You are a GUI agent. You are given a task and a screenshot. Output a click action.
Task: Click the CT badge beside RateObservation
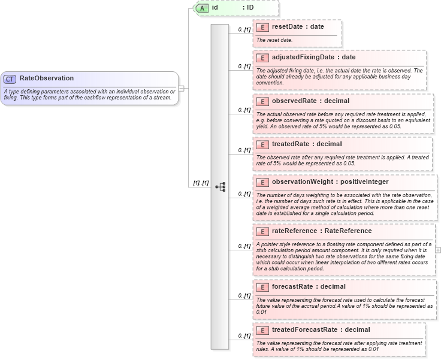10,78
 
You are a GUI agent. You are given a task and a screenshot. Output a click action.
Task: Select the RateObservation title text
47,78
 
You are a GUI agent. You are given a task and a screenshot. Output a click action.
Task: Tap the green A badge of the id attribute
203,8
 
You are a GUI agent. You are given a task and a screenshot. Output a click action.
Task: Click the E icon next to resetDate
261,27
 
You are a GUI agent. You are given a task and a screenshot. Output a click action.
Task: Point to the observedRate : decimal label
310,101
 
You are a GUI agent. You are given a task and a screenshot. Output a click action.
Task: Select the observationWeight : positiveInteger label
330,181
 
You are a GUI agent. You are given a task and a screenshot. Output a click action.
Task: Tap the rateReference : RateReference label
322,231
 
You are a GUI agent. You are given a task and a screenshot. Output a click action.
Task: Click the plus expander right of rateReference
438,249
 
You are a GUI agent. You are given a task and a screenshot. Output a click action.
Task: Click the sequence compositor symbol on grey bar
220,187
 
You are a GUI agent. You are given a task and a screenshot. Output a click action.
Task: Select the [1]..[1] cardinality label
200,183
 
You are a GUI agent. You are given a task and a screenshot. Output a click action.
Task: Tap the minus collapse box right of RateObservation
182,88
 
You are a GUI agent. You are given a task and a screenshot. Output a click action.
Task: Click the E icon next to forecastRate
261,287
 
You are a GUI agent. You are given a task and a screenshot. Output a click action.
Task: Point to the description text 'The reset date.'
274,40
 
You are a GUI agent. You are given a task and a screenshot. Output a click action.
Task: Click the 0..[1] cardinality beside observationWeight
244,194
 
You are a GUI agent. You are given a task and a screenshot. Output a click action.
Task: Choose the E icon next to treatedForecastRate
261,330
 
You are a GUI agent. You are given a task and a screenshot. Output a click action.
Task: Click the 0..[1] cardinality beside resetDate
244,29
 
